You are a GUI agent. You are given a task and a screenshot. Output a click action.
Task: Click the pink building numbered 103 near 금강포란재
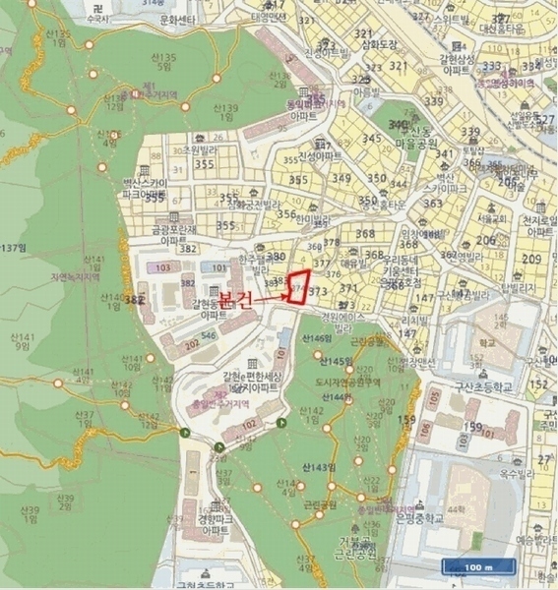coord(162,267)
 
